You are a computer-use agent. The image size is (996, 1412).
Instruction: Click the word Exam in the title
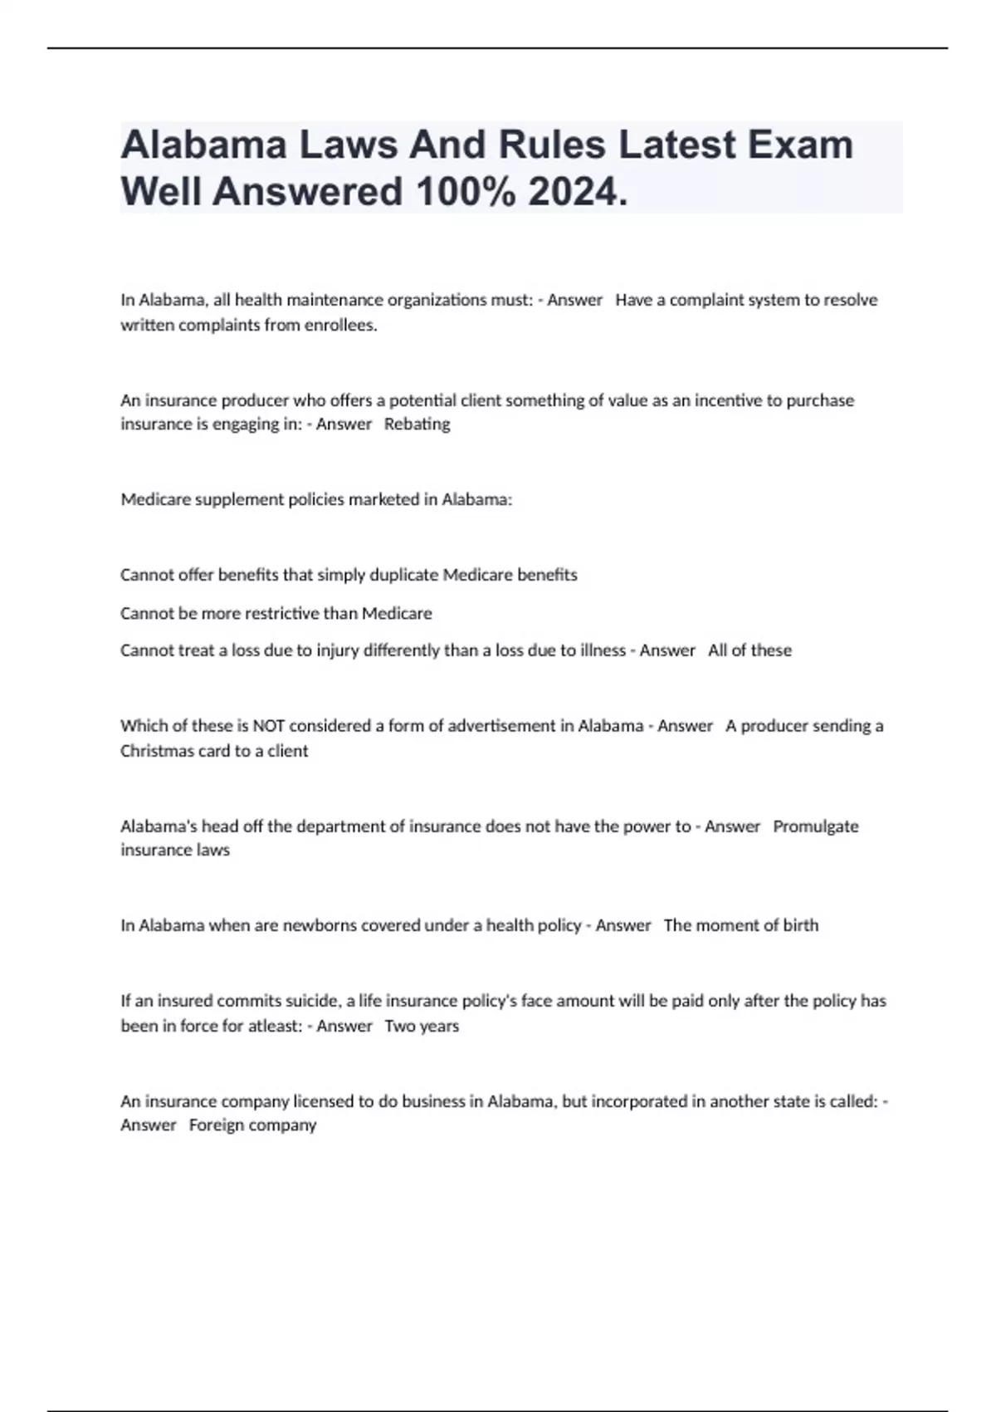coord(800,145)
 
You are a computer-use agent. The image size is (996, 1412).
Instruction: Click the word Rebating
coord(417,424)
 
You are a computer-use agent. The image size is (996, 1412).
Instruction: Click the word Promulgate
coord(815,826)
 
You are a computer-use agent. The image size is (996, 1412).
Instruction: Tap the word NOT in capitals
coord(269,726)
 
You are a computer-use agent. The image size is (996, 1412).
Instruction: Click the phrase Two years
coord(422,1027)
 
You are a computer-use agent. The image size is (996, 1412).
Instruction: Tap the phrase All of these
coord(749,650)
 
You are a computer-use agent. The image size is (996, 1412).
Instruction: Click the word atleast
coord(274,1027)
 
